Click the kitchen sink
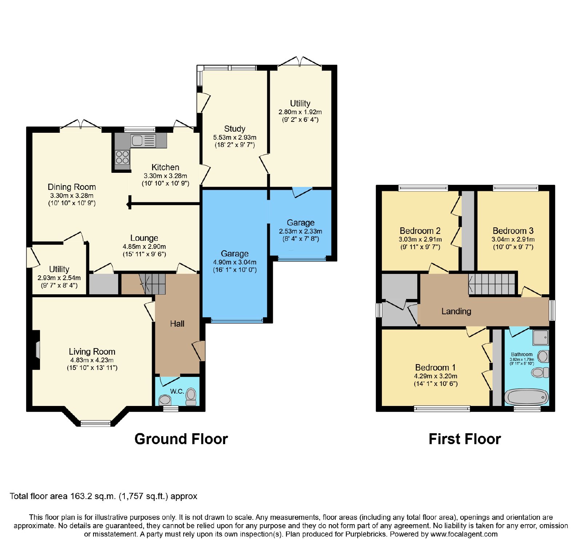143,140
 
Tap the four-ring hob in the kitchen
122,158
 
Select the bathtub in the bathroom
527,397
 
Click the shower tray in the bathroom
541,337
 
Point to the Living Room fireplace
36,350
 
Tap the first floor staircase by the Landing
492,284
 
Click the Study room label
235,129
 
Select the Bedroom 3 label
513,231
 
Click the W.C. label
177,391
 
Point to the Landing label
456,311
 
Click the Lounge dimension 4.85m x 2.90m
144,246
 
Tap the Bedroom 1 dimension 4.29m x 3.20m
435,376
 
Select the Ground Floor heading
181,439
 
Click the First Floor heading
465,439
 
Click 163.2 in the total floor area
80,496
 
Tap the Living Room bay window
95,423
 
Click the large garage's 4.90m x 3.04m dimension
235,262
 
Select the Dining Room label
72,187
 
